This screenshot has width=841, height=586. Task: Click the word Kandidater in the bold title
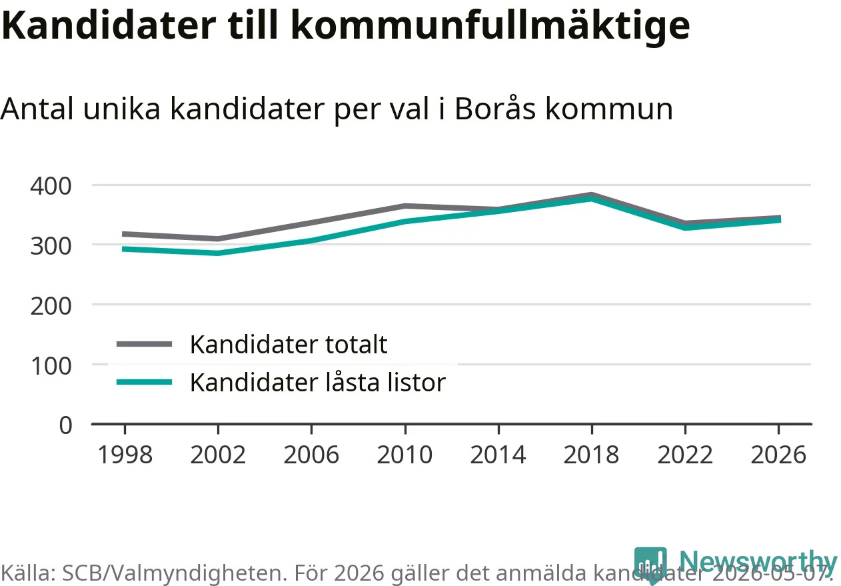(109, 25)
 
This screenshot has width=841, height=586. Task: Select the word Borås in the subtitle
(495, 108)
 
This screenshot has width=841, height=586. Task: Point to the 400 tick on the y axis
(51, 186)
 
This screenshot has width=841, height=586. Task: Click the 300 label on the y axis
(51, 247)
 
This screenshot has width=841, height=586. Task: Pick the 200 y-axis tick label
(51, 306)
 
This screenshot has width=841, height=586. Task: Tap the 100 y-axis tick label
(51, 366)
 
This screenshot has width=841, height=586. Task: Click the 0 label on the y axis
(66, 425)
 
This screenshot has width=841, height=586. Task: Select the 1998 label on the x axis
(125, 455)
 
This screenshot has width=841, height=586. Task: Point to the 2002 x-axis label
(218, 455)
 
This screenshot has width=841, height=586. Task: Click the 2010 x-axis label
(405, 455)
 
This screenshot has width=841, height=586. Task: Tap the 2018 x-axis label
(591, 455)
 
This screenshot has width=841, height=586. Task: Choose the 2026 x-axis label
(778, 455)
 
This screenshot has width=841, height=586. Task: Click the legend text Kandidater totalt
(289, 344)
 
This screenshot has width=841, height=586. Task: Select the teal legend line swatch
(144, 383)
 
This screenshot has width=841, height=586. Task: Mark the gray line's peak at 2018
(592, 195)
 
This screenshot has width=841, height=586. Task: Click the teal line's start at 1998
(123, 249)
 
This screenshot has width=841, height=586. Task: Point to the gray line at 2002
(218, 239)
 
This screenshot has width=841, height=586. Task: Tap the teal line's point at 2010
(405, 221)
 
